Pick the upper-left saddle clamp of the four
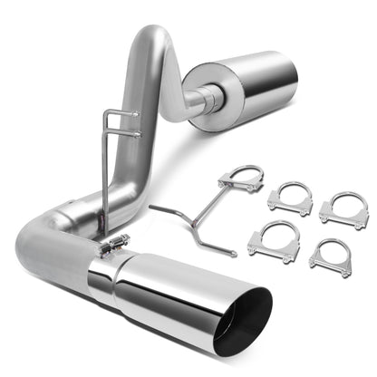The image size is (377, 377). (x=290, y=198)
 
